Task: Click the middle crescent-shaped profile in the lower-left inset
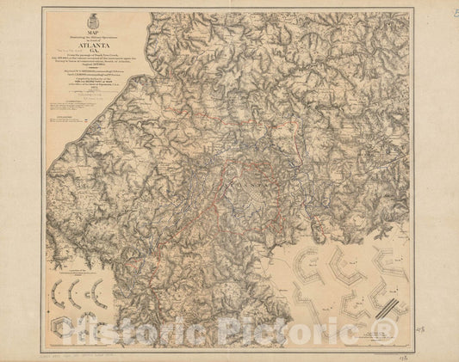coord(77,291)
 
